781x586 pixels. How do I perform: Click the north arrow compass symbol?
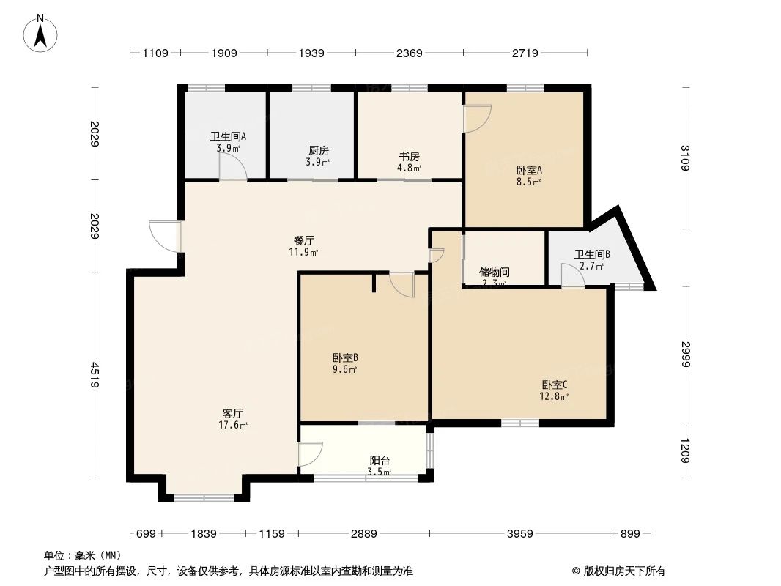42,33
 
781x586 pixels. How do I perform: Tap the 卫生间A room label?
228,136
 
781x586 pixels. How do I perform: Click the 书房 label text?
409,157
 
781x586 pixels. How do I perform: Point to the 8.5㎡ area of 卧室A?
528,182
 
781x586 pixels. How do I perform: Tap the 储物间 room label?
495,272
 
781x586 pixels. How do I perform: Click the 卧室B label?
344,358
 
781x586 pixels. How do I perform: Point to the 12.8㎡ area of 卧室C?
555,397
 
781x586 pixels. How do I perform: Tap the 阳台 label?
380,460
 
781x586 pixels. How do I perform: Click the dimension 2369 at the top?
410,53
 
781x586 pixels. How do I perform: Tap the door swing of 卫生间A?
233,168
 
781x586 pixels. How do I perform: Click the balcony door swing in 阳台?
310,454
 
